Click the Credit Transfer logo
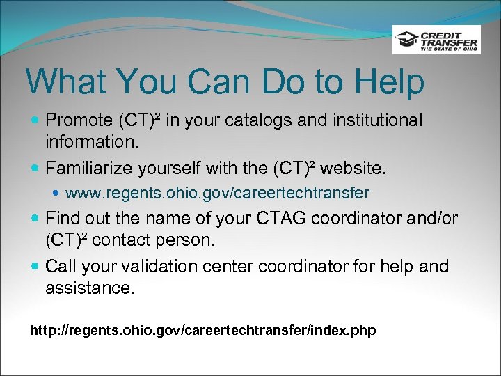pyautogui.click(x=436, y=40)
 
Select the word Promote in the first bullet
pyautogui.click(x=78, y=120)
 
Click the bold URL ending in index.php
pyautogui.click(x=202, y=330)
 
